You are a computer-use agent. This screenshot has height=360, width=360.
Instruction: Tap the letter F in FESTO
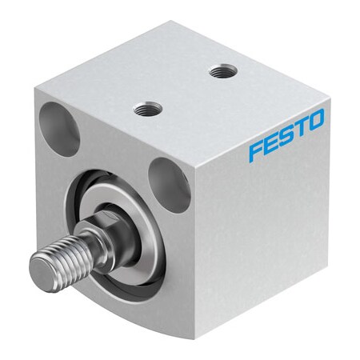pos(254,150)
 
